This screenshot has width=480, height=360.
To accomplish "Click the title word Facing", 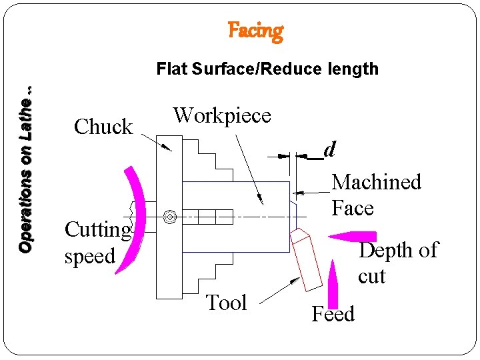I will pyautogui.click(x=255, y=31).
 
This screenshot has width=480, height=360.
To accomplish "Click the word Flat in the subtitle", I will pyautogui.click(x=171, y=69).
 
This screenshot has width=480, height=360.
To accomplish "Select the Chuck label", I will pyautogui.click(x=103, y=127).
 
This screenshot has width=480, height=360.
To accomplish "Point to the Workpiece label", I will pyautogui.click(x=222, y=115).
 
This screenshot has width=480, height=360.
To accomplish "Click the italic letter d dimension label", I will pyautogui.click(x=329, y=150).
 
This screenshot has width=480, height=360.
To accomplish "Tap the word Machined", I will pyautogui.click(x=377, y=182).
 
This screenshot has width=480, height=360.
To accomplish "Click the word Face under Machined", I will pyautogui.click(x=353, y=208).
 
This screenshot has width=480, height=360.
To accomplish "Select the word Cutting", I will pyautogui.click(x=97, y=231).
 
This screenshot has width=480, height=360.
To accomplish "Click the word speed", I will pyautogui.click(x=89, y=256).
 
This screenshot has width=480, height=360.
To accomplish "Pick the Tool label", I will pyautogui.click(x=227, y=303).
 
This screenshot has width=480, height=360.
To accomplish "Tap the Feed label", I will pyautogui.click(x=333, y=314).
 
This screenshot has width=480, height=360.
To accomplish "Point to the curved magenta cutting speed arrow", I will pyautogui.click(x=131, y=220).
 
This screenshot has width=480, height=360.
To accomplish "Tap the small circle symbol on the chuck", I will pyautogui.click(x=169, y=216).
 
